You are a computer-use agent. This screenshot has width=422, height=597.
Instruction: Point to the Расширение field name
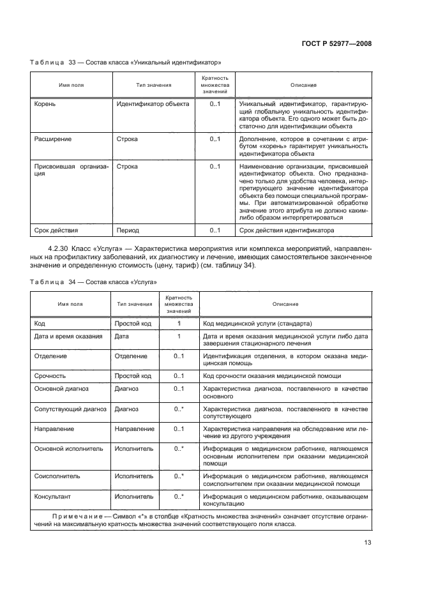click(x=52, y=139)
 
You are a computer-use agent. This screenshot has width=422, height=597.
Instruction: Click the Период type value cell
click(x=128, y=230)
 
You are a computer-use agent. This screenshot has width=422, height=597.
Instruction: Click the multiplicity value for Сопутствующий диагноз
click(x=179, y=409)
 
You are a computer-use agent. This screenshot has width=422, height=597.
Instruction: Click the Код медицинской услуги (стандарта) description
click(x=257, y=323)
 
